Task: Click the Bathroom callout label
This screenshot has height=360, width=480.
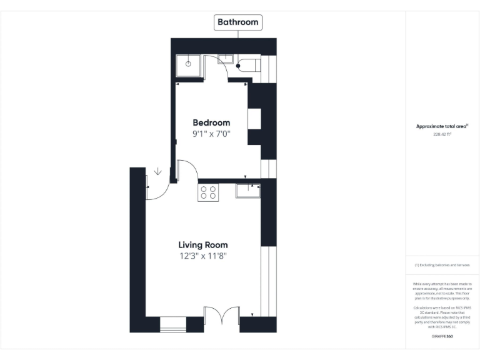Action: [x=237, y=22]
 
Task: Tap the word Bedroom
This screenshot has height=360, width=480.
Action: [x=211, y=122]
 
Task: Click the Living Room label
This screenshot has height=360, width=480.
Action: [x=202, y=245]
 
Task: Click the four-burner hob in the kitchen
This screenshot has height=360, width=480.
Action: [x=208, y=192]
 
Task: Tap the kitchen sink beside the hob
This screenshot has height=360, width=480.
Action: [x=247, y=191]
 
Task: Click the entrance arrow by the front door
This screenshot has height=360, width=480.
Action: [x=157, y=171]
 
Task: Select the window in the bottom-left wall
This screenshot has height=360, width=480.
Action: [x=172, y=324]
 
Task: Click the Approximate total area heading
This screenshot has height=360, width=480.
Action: [x=442, y=126]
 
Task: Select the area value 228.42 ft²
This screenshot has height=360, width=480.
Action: [x=442, y=134]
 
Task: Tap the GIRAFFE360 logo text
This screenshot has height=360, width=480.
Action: [x=442, y=336]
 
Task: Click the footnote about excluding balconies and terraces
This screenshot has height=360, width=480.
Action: [x=442, y=265]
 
